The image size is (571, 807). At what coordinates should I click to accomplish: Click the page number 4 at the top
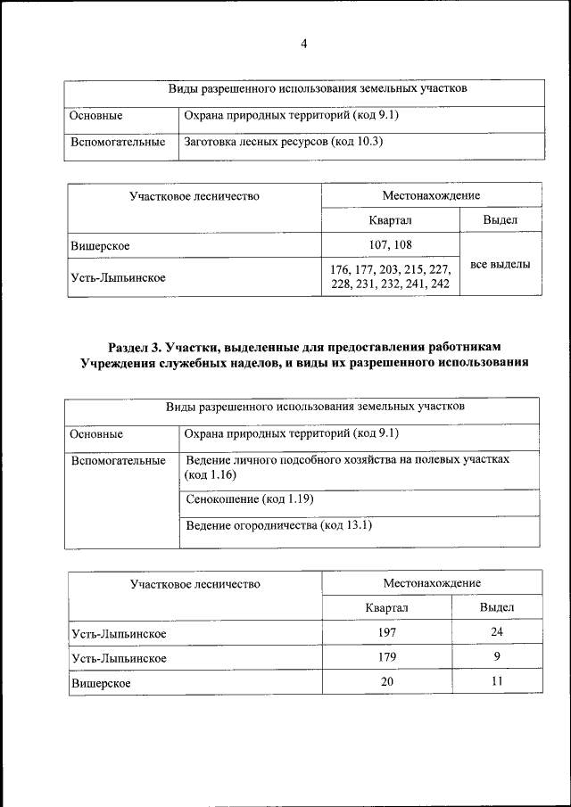point(303,45)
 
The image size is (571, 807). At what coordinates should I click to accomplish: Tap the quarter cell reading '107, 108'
point(391,243)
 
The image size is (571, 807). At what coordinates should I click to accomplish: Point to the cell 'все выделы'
point(500,264)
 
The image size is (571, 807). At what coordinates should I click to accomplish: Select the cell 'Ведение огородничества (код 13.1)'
point(277,526)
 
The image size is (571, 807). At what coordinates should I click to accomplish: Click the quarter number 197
point(385,632)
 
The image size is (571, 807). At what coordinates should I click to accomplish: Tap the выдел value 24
point(496,632)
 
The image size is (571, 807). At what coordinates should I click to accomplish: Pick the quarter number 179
point(385,657)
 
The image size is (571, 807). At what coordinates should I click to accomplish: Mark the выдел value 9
point(496,657)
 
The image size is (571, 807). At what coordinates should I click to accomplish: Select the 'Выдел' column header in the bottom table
point(496,607)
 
